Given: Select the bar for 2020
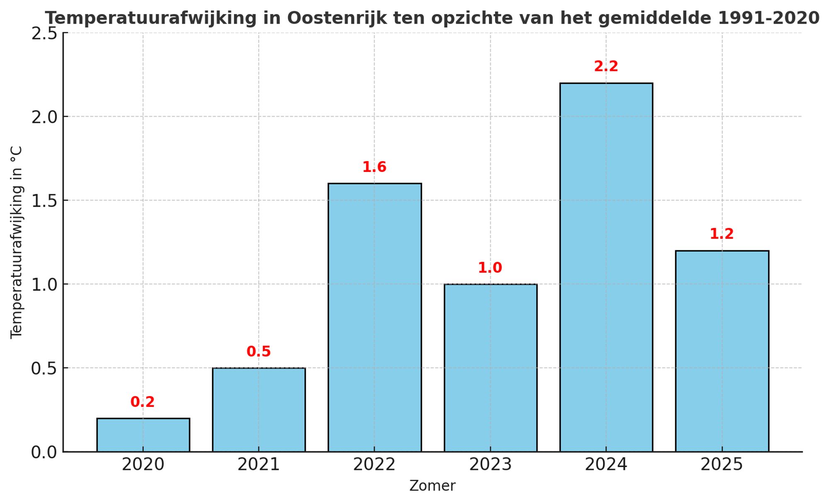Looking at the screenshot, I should [143, 435].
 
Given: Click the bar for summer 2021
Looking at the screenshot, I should [259, 409].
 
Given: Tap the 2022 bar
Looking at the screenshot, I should [374, 317].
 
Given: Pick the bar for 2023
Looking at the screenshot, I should [490, 367].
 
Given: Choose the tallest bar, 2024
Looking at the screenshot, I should [606, 267].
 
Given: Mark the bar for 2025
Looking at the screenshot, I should [722, 351].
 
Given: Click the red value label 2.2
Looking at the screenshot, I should [606, 66].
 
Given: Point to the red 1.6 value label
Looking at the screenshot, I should [374, 167].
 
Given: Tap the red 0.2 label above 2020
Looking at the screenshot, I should [142, 402].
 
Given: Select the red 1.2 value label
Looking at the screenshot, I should [722, 234].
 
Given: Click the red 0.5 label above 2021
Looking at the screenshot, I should [259, 352].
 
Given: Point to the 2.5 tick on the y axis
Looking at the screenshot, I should [44, 34].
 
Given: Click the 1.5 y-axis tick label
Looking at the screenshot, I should [44, 201].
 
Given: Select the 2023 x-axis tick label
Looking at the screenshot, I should [490, 465].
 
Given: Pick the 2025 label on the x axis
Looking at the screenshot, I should [722, 465].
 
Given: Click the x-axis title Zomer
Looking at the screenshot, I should [432, 486].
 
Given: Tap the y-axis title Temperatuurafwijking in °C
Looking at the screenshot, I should [17, 242].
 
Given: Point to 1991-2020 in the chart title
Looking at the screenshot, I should [769, 18].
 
